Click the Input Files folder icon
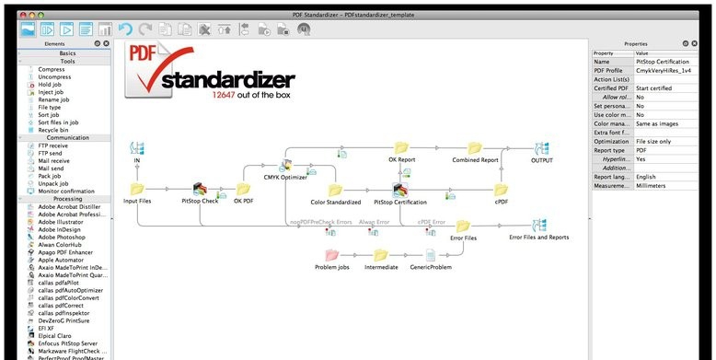[x=136, y=189]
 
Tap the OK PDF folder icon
[x=244, y=188]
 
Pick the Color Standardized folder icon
[x=335, y=189]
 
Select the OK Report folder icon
[x=401, y=147]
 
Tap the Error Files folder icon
[x=462, y=226]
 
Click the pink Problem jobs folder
[x=332, y=255]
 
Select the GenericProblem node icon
[x=429, y=255]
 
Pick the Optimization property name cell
[x=611, y=140]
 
